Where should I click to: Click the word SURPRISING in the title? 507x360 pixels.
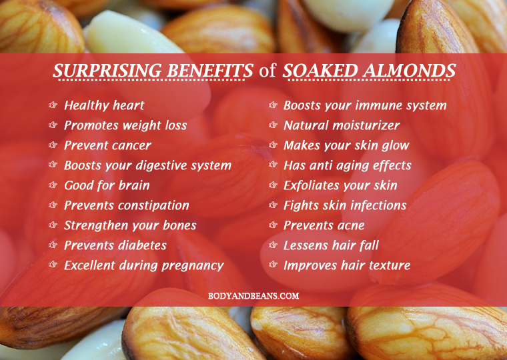pos(107,71)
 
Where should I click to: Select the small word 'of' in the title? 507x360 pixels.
pos(267,70)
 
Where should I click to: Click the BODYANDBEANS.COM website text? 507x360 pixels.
pos(253,296)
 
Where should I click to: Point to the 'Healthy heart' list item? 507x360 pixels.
pos(104,105)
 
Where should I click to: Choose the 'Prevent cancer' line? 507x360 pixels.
pos(107,145)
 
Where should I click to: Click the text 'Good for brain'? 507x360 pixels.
pos(107,185)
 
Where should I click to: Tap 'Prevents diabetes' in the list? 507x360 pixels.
pos(115,245)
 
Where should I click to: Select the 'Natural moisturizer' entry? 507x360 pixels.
pos(342,125)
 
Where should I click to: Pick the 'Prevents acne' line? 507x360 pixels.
pos(324,225)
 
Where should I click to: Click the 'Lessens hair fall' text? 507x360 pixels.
pos(331,245)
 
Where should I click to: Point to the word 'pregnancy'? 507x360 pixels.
pos(193,266)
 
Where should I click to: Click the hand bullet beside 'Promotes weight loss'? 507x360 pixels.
pos(53,125)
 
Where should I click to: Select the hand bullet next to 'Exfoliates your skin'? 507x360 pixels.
pos(274,185)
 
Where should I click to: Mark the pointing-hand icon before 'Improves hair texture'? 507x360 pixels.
pos(274,265)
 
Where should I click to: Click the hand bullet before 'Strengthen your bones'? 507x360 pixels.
pos(53,225)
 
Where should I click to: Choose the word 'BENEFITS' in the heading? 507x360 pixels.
pos(210,71)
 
